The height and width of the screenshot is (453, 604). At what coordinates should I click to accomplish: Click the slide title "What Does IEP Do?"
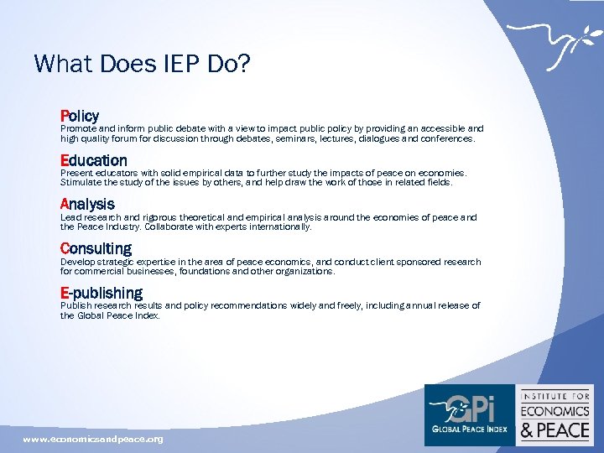tap(142, 64)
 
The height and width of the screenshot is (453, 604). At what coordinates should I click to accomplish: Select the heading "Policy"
tap(80, 116)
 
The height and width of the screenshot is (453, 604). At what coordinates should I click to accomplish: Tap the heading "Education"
tap(94, 160)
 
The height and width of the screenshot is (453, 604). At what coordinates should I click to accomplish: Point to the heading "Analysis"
tap(87, 204)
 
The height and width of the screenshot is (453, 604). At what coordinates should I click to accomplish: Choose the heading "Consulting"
tap(96, 249)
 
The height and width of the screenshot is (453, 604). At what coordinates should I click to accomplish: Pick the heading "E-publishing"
tap(102, 293)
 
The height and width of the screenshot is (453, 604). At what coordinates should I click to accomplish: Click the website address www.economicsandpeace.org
tap(93, 440)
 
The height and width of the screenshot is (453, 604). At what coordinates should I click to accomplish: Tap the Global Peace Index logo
tap(469, 414)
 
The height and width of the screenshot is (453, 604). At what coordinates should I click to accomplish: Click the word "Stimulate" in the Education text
tap(81, 182)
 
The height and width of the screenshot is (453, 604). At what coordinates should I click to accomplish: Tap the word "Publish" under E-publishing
tap(75, 306)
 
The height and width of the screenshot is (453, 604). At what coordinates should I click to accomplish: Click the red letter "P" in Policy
tap(65, 116)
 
